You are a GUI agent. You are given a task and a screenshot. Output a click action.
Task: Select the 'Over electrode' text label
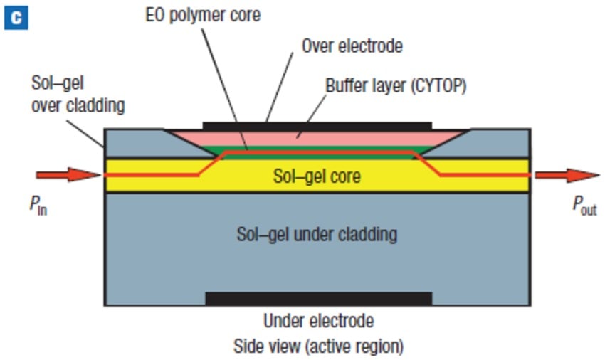coord(352,47)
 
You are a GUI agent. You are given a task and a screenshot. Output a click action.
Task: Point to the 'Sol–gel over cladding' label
coord(78,94)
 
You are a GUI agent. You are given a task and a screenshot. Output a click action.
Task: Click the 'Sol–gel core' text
coord(317,176)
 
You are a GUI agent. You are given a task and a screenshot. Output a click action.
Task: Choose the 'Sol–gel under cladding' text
coord(317,233)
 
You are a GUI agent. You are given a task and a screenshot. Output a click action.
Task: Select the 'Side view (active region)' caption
coord(318,346)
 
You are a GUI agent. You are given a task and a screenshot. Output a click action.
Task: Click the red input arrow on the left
coord(68,174)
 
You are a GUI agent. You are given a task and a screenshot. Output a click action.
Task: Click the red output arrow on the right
coord(567,175)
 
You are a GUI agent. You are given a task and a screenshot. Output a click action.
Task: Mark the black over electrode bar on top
coord(317,126)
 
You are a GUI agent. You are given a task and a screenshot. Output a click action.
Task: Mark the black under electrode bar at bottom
coord(318,298)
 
